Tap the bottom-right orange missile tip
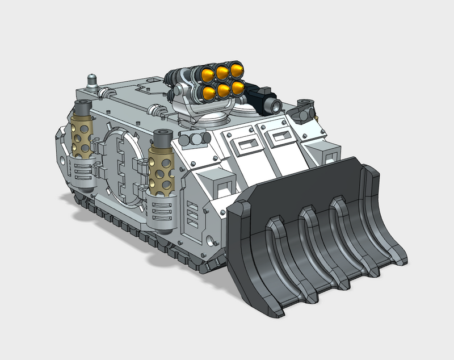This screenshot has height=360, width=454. point(237,87)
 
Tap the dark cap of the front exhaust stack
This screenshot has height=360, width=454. point(162,137)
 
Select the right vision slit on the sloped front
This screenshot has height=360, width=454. point(279,137)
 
